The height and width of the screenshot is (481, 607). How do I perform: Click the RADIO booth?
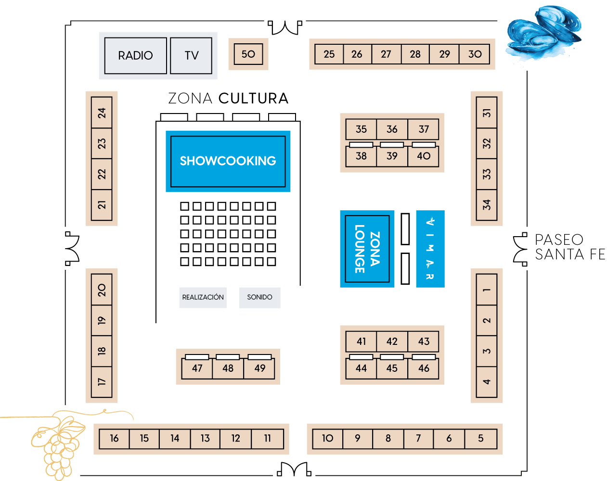click(x=135, y=55)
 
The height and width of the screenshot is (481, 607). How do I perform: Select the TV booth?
click(x=191, y=55)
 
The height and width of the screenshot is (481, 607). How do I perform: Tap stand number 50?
click(x=248, y=54)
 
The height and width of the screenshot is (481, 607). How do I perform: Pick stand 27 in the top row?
click(x=386, y=54)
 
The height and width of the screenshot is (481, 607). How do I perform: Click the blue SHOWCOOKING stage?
click(x=228, y=161)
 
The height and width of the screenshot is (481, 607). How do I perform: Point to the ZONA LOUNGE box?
click(x=367, y=249)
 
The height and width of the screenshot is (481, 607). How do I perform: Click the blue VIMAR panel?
click(x=430, y=249)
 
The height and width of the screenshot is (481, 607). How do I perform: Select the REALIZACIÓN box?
click(x=203, y=297)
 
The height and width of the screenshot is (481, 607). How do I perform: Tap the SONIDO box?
click(x=259, y=297)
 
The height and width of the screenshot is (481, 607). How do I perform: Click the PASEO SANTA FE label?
click(x=569, y=247)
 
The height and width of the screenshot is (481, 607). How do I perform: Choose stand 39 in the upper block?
click(x=392, y=156)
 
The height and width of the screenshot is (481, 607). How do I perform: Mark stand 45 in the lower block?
click(x=392, y=368)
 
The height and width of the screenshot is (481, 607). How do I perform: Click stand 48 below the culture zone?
click(x=228, y=368)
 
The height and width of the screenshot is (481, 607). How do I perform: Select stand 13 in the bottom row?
click(x=205, y=438)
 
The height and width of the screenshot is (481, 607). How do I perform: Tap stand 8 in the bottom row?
click(x=388, y=438)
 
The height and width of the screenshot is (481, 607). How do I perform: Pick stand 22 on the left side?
click(x=102, y=174)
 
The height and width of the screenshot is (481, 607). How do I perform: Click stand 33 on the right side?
click(x=487, y=174)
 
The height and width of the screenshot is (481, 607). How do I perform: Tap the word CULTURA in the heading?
click(x=253, y=98)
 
